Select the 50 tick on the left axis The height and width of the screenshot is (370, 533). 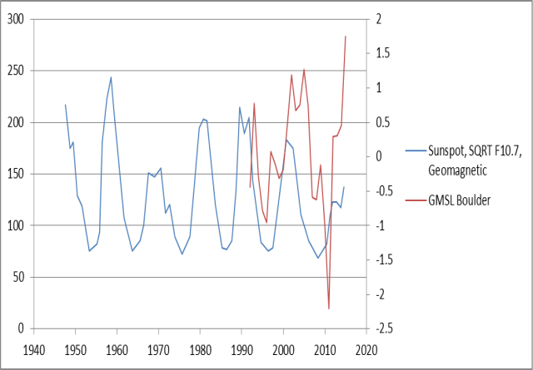[x=19, y=277]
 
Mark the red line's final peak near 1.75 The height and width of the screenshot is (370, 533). [x=346, y=37]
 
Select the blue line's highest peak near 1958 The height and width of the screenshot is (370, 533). [x=112, y=77]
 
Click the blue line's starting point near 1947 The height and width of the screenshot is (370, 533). [x=65, y=105]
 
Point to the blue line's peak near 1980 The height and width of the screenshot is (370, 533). [x=204, y=119]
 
